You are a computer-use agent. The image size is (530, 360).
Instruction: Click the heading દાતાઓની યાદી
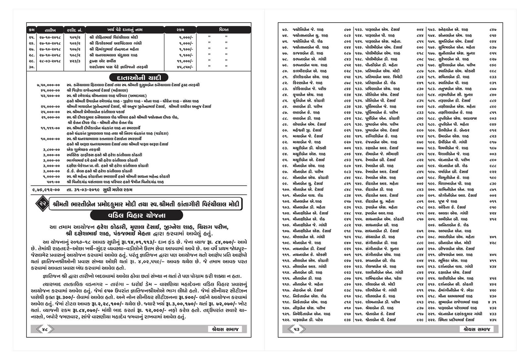pyautogui.click(x=139, y=78)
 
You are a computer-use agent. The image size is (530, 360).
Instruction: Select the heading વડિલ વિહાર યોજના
pyautogui.click(x=139, y=215)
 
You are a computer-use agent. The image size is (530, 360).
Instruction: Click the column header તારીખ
pyautogui.click(x=49, y=30)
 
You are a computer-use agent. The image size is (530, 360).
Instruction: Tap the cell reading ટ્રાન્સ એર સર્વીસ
pyautogui.click(x=104, y=61)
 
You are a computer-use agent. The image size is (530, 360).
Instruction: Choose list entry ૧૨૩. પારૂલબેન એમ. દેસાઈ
pyautogui.click(x=380, y=30)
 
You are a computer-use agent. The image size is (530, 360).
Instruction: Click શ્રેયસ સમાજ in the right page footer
pyautogui.click(x=476, y=329)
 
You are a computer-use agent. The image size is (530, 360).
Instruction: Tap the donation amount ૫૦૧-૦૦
pyautogui.click(x=53, y=182)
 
